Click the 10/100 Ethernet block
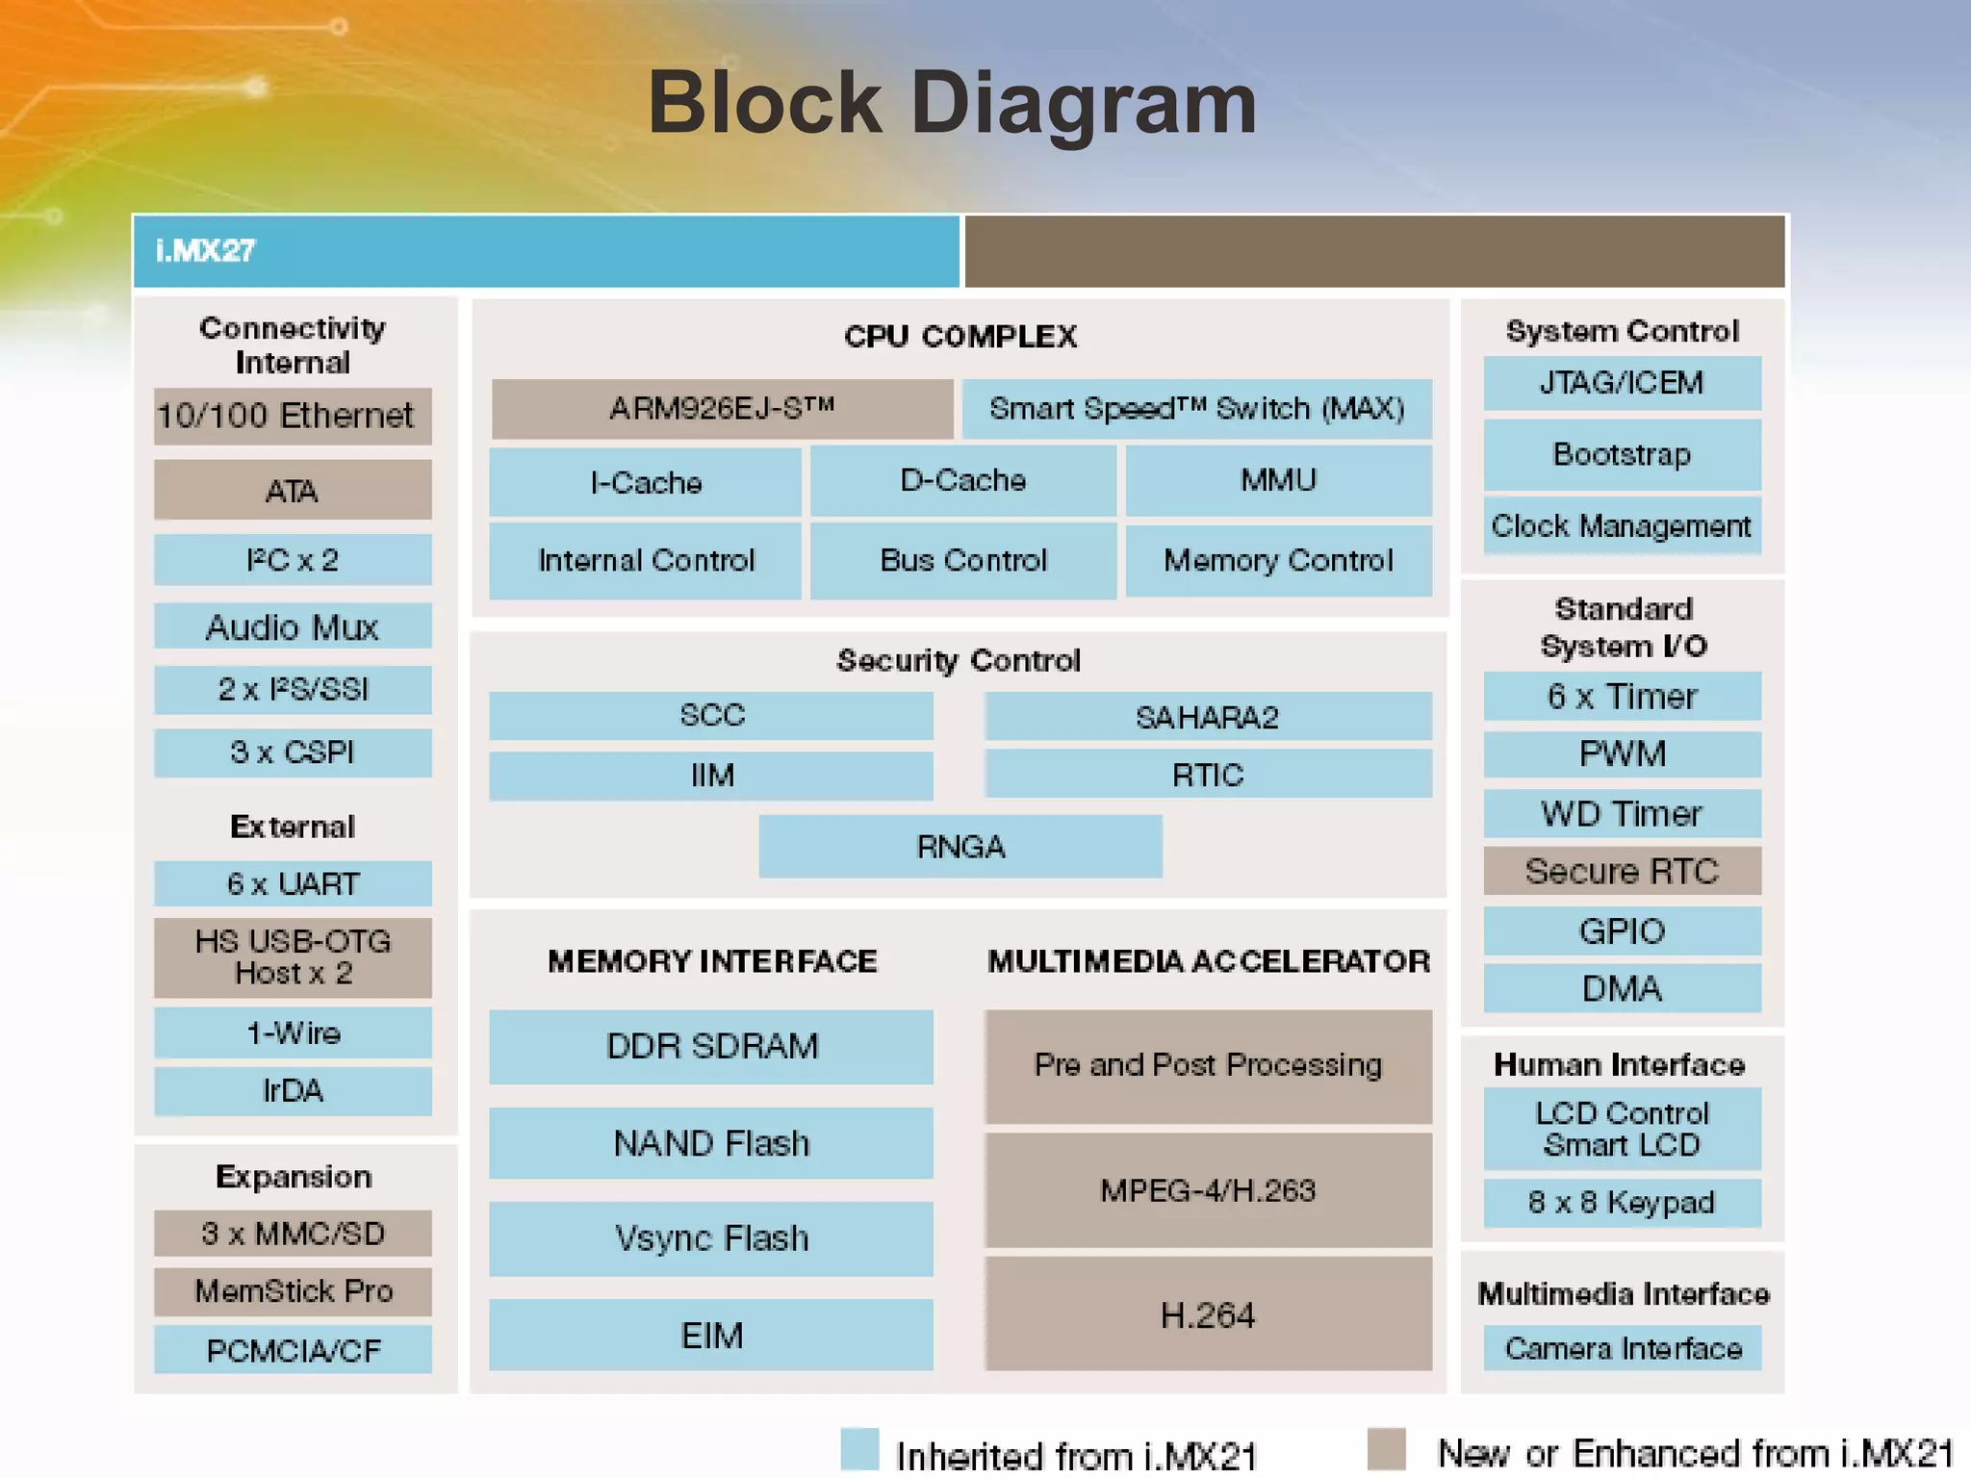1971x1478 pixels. tap(293, 416)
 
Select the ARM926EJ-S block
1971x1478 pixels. tap(722, 408)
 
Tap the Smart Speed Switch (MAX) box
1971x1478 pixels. tap(1196, 409)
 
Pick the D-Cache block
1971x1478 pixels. tap(962, 480)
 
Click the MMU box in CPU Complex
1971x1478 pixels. tap(1278, 480)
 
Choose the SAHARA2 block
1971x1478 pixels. tap(1207, 717)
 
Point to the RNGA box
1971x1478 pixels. tap(960, 847)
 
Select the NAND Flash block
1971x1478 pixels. tap(711, 1143)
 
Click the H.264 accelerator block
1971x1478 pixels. tap(1208, 1314)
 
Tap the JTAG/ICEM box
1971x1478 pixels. tap(1622, 383)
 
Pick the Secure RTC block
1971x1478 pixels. tap(1622, 871)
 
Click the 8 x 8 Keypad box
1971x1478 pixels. tap(1622, 1203)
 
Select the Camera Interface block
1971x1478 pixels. tap(1623, 1348)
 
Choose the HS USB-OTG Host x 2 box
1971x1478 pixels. tap(293, 957)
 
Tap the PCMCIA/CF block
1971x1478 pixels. tap(293, 1351)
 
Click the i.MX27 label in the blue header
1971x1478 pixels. tap(206, 251)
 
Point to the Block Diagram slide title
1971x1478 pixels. tap(952, 103)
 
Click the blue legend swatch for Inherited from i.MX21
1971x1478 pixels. tap(859, 1449)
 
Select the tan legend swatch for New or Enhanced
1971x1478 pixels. tap(1386, 1448)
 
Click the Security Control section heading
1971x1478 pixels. tap(959, 660)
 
